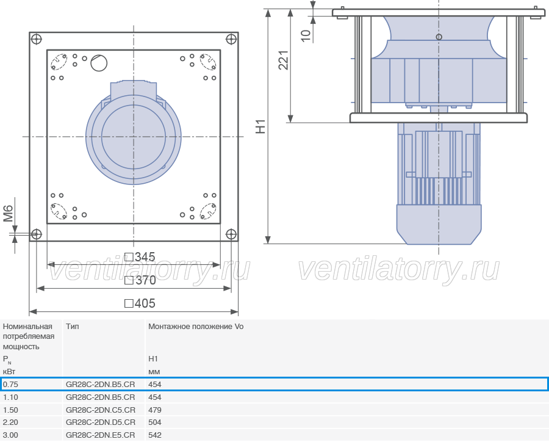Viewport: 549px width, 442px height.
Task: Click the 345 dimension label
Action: click(x=140, y=257)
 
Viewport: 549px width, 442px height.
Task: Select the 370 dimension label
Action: click(x=140, y=280)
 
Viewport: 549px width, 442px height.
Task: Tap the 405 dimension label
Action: click(x=140, y=303)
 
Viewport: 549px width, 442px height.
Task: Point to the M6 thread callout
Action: click(x=8, y=214)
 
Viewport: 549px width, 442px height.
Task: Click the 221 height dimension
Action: click(x=284, y=60)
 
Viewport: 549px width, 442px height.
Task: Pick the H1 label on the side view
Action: click(x=260, y=126)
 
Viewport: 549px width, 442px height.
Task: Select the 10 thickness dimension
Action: click(x=306, y=35)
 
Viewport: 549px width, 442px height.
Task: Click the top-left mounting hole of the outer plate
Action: click(x=37, y=39)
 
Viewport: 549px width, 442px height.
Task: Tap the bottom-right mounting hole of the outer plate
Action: click(x=231, y=234)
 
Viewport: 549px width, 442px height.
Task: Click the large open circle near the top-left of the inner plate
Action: click(x=99, y=63)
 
